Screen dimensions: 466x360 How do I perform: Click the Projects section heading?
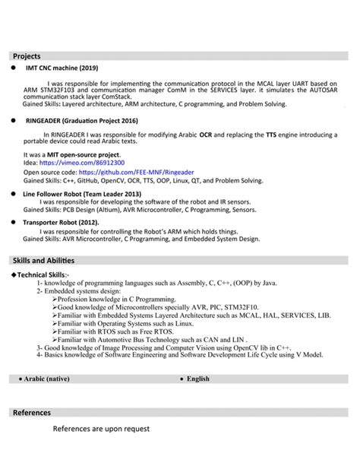point(27,56)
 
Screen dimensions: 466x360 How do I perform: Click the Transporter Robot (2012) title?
point(61,222)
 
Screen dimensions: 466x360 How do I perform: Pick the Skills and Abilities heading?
point(44,261)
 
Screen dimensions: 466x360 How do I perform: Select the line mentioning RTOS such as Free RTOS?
point(120,331)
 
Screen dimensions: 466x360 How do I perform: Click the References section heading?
point(32,413)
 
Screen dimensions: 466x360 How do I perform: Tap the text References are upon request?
point(101,429)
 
